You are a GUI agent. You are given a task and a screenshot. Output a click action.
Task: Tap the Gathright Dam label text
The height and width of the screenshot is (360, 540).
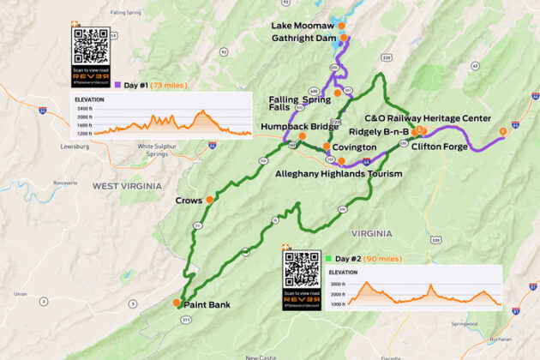[x=303, y=39]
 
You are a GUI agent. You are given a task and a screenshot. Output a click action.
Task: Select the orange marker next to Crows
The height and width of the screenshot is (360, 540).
[x=209, y=200]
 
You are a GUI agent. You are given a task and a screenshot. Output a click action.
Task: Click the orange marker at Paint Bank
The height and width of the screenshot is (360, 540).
[x=177, y=303]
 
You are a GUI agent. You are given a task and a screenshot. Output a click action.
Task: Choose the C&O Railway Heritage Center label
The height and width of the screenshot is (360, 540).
[x=428, y=118]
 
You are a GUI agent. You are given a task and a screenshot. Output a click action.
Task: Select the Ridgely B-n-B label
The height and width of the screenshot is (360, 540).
[x=378, y=131]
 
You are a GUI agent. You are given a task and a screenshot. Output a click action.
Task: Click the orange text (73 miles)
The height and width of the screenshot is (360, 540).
[x=173, y=85]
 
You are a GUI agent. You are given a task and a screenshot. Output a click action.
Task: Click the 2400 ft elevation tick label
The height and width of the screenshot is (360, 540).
[x=84, y=109]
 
